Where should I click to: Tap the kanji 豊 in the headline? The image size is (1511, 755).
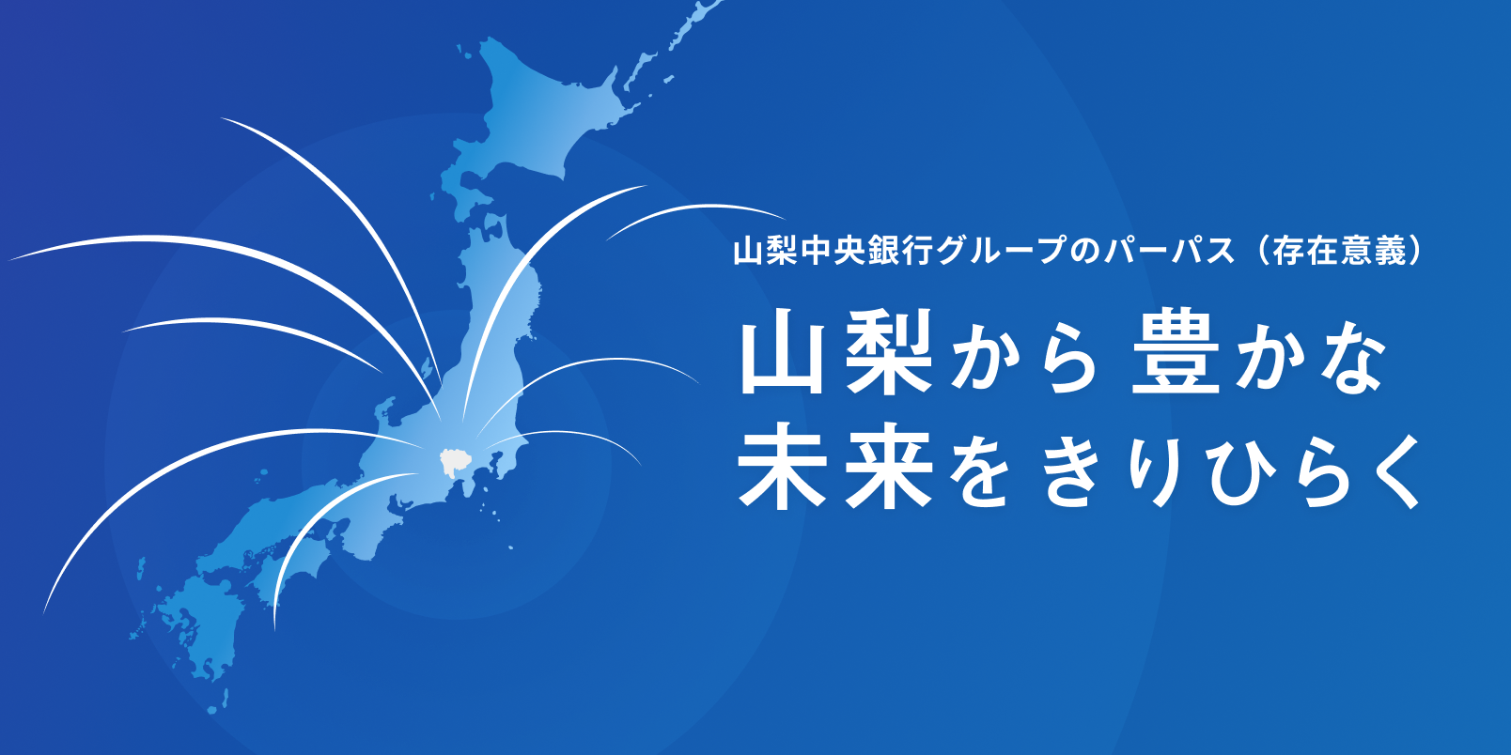point(1175,355)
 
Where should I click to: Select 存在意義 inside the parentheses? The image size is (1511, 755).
point(1340,251)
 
